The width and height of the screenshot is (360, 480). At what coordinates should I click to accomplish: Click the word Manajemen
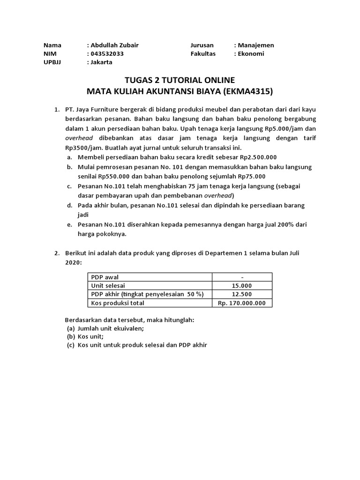coord(256,45)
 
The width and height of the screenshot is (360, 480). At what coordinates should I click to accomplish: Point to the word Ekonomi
coord(251,54)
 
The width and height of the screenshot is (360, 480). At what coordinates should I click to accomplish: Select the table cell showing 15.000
coord(242,285)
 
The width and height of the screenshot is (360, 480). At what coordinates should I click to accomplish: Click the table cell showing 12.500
coord(242,294)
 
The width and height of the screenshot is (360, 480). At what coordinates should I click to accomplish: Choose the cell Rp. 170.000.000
coord(242,303)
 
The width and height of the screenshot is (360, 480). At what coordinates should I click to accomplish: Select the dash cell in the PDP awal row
coord(242,277)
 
